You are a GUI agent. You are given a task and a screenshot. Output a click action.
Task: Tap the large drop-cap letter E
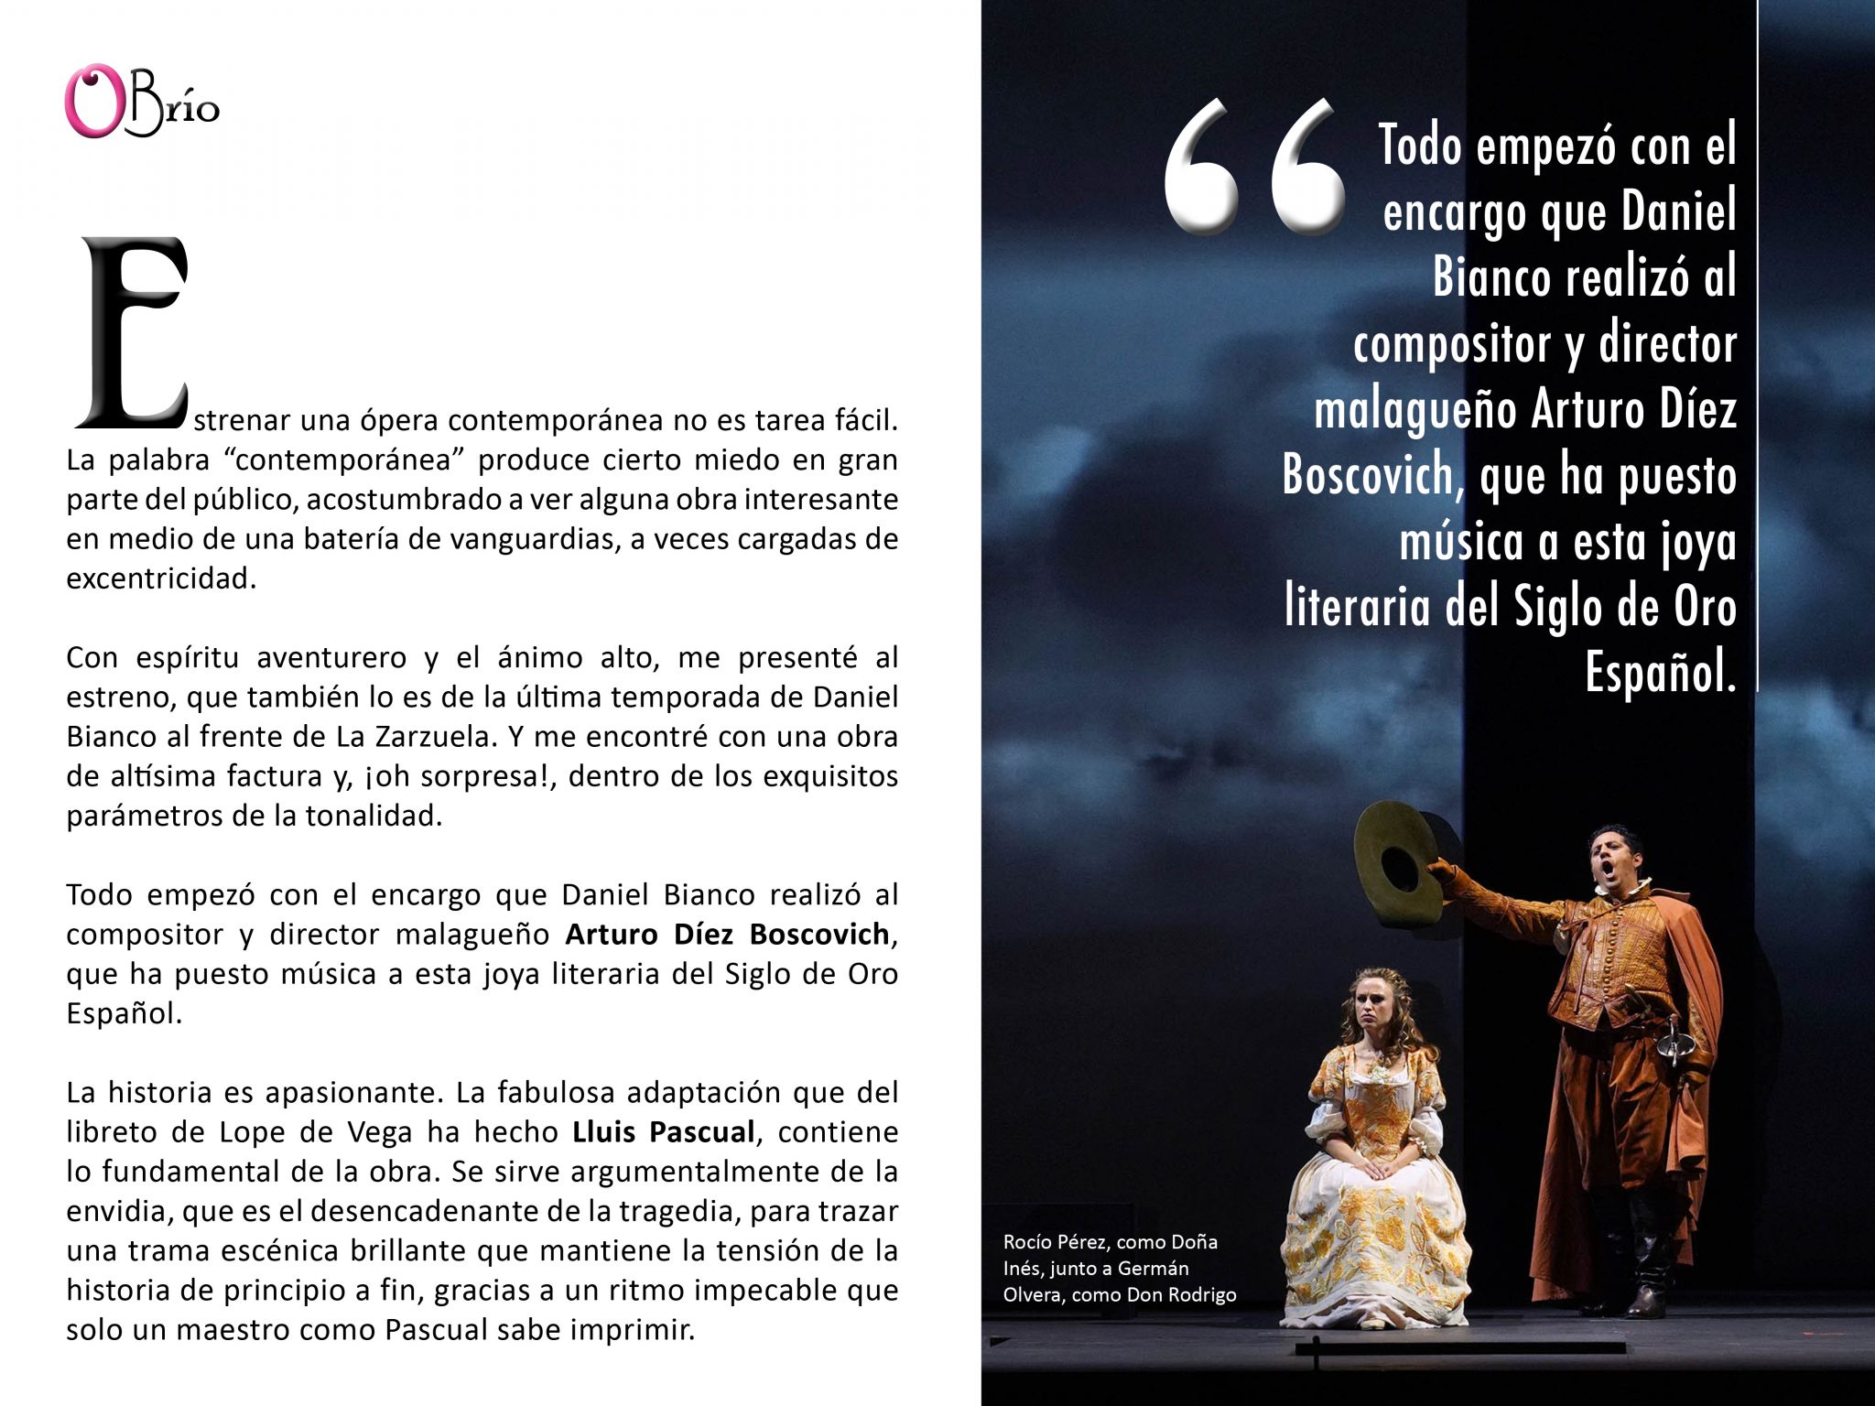(x=133, y=334)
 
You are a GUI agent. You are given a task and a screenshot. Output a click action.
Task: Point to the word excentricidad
(x=160, y=579)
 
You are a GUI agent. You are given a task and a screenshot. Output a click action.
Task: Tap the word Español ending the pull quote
(x=1659, y=673)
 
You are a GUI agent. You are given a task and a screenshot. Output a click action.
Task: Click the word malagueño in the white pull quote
(x=1416, y=409)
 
